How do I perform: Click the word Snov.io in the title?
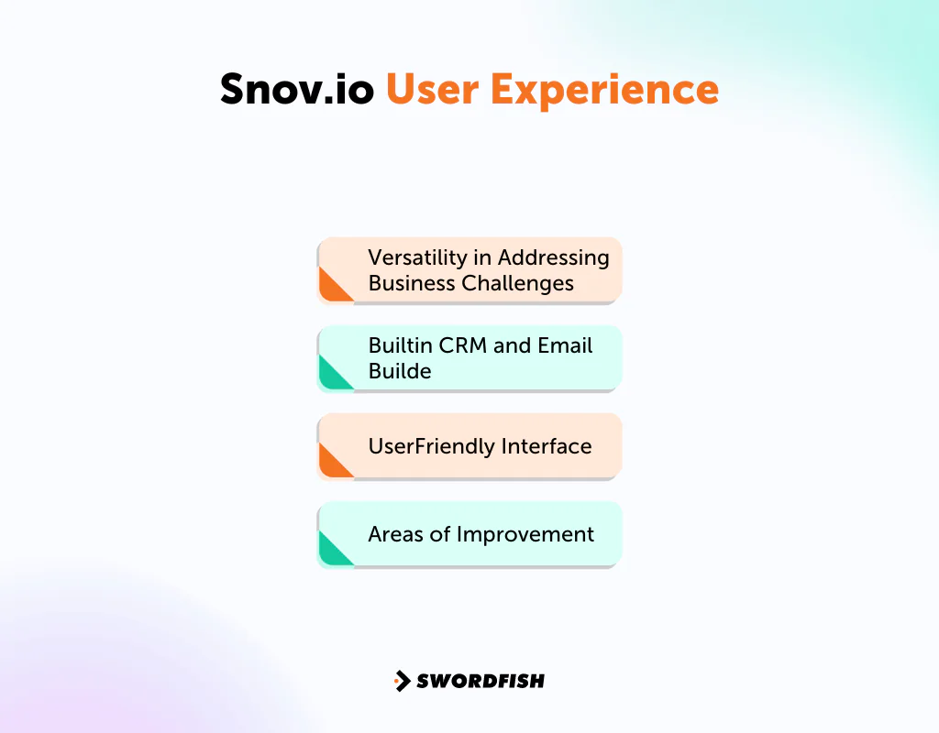(x=297, y=90)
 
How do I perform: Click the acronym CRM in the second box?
(x=458, y=345)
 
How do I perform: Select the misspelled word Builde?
(x=400, y=371)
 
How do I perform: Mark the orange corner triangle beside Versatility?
(x=331, y=288)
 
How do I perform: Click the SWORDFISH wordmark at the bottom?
(x=481, y=681)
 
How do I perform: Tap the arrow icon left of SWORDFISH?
(x=402, y=681)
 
